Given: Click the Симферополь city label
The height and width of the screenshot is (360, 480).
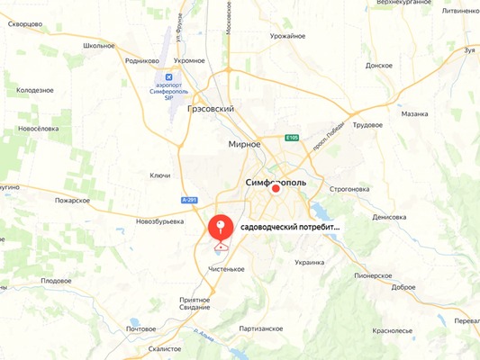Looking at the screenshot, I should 276,182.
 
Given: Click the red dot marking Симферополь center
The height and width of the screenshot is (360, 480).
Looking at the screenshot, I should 277,190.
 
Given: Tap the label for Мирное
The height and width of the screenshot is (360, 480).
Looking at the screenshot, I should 244,144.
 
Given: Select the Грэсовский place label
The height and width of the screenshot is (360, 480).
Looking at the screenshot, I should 211,109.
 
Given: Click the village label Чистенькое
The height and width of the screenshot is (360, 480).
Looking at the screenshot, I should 226,268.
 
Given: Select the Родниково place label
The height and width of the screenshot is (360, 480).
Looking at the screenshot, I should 142,60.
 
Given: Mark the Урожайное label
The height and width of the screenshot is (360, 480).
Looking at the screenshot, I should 288,36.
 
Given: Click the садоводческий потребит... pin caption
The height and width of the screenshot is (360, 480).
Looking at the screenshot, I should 291,229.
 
